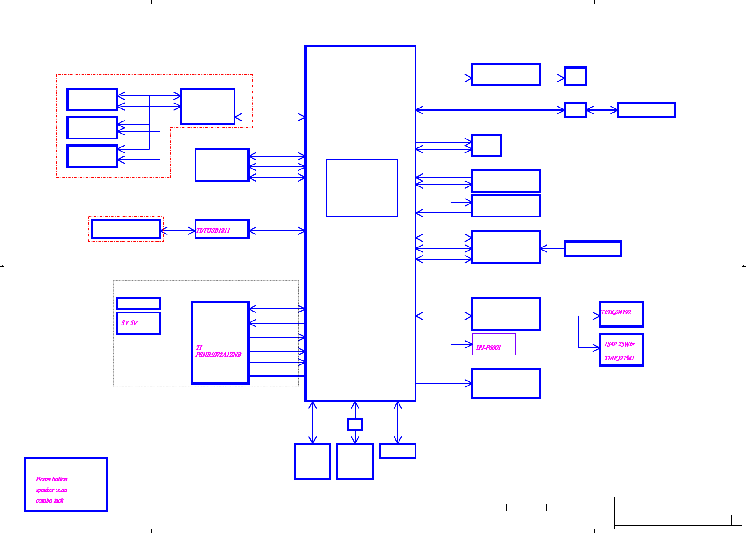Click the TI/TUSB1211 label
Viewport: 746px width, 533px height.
(213, 230)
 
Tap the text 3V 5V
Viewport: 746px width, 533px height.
(130, 323)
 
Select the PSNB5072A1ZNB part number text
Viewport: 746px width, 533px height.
(218, 355)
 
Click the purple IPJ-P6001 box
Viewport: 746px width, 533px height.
(493, 344)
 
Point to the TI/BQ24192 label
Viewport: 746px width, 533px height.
(616, 312)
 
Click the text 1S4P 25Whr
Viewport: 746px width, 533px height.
(620, 344)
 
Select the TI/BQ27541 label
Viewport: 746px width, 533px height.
(619, 358)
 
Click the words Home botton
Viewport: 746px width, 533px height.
(52, 479)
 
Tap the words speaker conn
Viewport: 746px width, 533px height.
(52, 490)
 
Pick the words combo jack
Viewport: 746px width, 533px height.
(50, 500)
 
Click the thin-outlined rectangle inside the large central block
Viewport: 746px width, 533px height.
(362, 188)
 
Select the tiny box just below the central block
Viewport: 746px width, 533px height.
(355, 424)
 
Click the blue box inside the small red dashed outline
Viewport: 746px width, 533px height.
(126, 229)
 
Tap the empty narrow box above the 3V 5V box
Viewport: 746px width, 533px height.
(138, 303)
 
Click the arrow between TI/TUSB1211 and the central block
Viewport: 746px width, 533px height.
(277, 231)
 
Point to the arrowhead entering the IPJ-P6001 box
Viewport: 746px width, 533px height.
(468, 344)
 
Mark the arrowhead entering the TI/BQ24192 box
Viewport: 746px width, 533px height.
(597, 316)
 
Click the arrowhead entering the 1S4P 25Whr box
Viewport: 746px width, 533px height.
(597, 348)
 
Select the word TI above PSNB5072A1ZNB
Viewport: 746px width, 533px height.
(199, 347)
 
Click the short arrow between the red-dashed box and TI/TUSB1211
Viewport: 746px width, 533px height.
(178, 231)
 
